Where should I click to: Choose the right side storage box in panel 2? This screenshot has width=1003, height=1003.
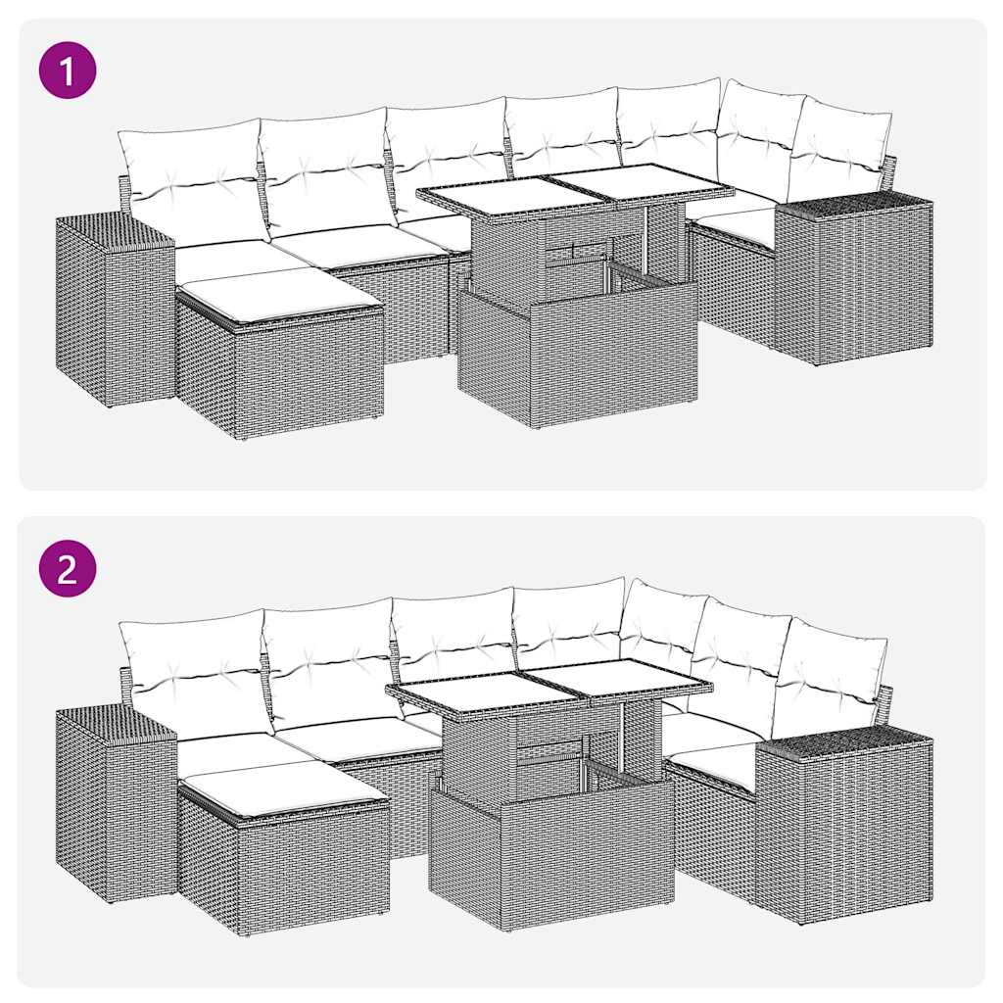pyautogui.click(x=844, y=828)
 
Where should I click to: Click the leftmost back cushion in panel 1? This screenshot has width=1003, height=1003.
pyautogui.click(x=191, y=176)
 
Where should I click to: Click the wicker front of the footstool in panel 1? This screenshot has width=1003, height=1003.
pyautogui.click(x=309, y=372)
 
